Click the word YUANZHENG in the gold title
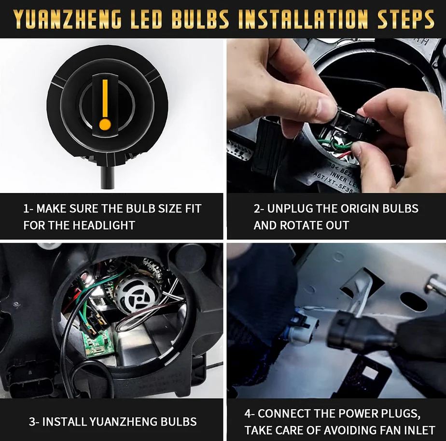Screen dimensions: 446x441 tap(67, 19)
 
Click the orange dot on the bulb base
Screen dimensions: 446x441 tap(105, 124)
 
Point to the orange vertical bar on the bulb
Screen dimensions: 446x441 tap(105, 98)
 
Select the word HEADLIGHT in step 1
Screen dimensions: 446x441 tap(103, 225)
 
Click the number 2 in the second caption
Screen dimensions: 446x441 tap(256, 209)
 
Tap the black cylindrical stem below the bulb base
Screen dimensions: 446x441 tap(107, 177)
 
